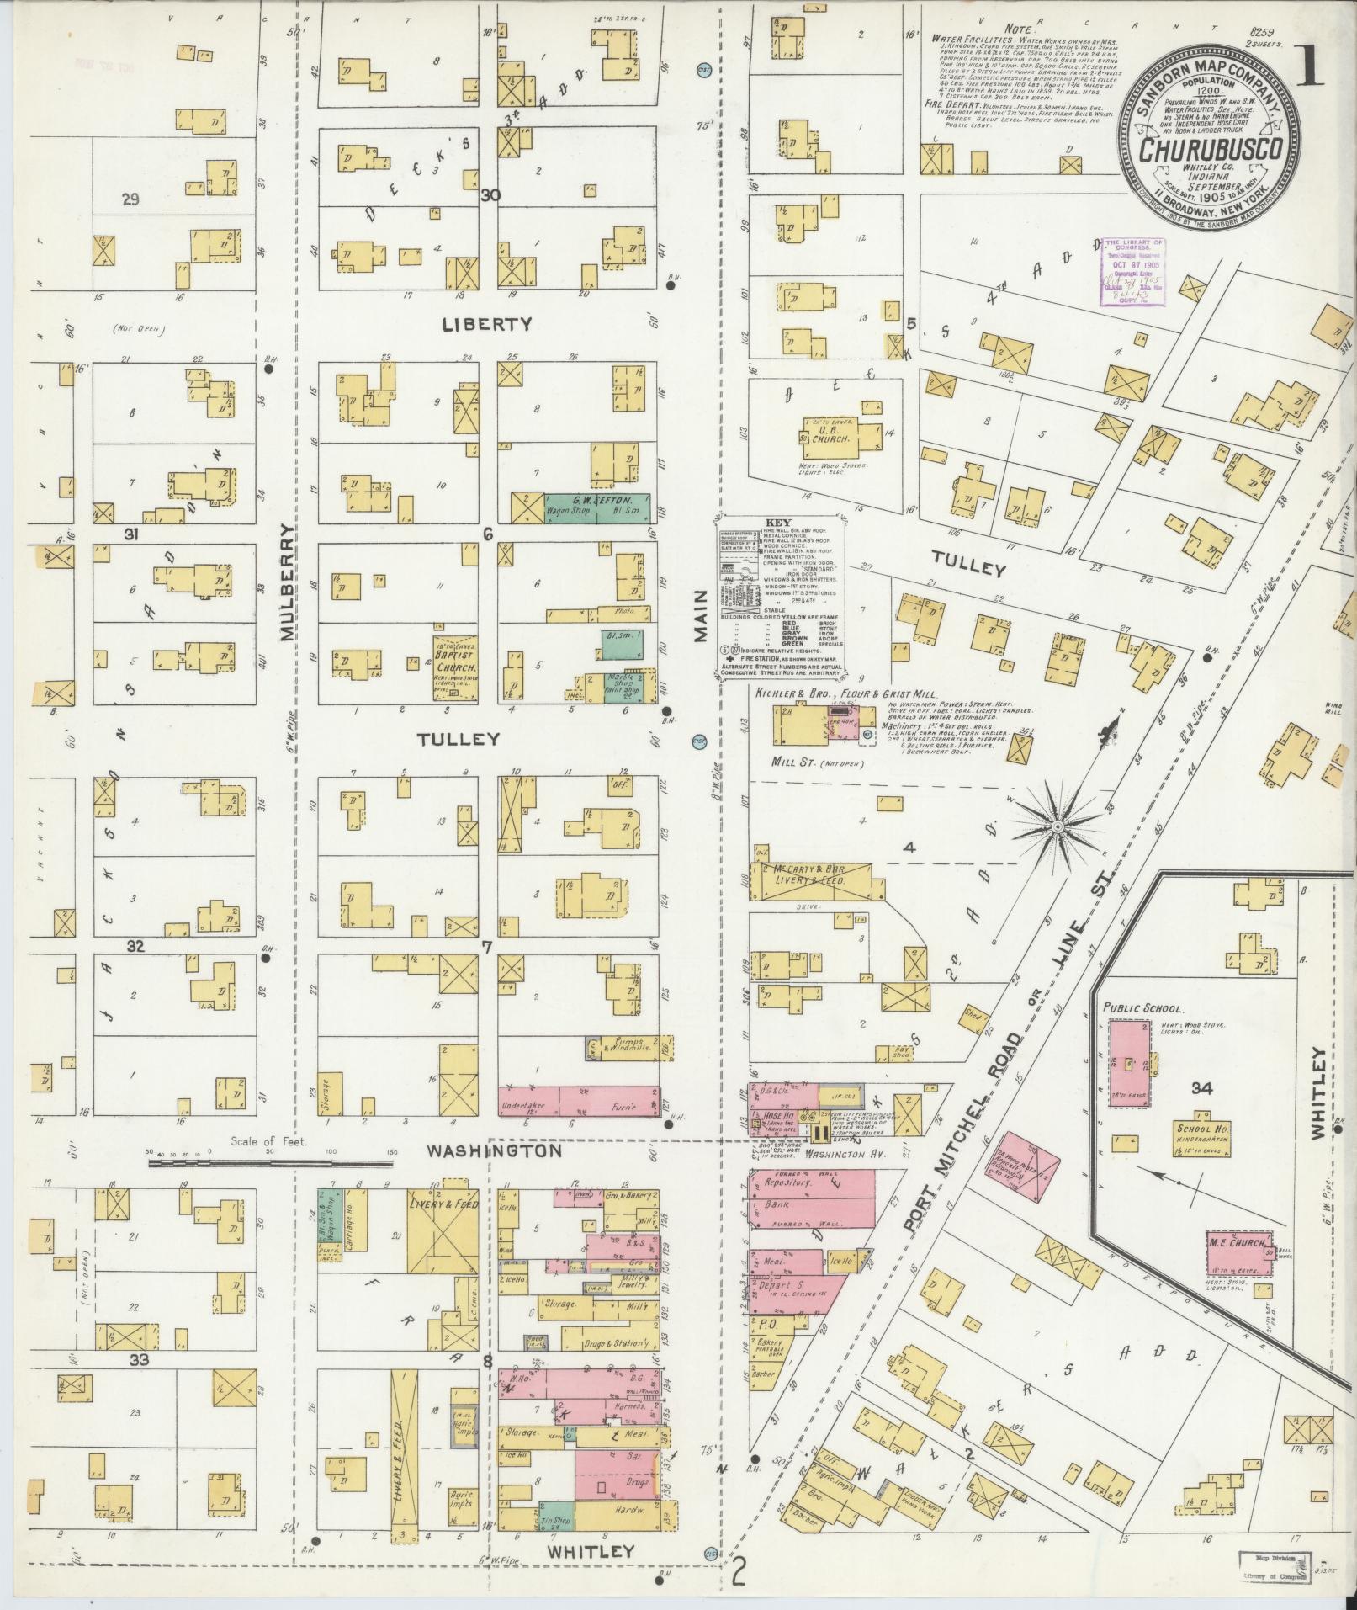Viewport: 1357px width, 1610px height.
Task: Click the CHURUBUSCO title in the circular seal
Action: click(1211, 150)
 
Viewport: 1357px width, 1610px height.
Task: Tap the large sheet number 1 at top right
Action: click(1310, 73)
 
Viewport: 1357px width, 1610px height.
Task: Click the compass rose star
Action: click(1058, 829)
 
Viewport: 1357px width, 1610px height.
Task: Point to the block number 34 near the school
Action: click(1201, 1089)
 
